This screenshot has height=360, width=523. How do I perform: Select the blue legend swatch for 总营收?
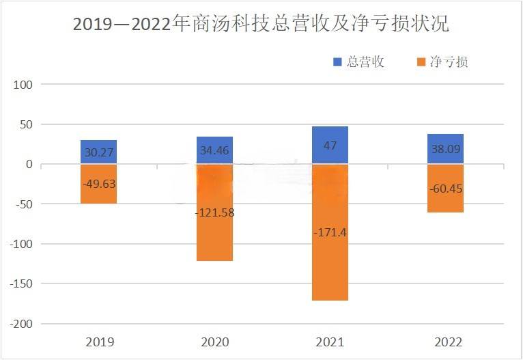pyautogui.click(x=337, y=62)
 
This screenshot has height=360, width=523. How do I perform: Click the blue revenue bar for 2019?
pyautogui.click(x=98, y=152)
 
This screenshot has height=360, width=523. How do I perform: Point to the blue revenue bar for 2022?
pyautogui.click(x=446, y=149)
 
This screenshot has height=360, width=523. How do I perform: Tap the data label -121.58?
pyautogui.click(x=214, y=212)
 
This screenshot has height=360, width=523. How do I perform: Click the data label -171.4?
pyautogui.click(x=330, y=233)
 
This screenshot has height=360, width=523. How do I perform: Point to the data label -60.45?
pyautogui.click(x=446, y=189)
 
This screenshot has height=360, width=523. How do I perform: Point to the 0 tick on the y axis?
pyautogui.click(x=29, y=165)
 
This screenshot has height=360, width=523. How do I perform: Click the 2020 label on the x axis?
pyautogui.click(x=214, y=342)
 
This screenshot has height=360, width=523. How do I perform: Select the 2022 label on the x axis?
pyautogui.click(x=446, y=342)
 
